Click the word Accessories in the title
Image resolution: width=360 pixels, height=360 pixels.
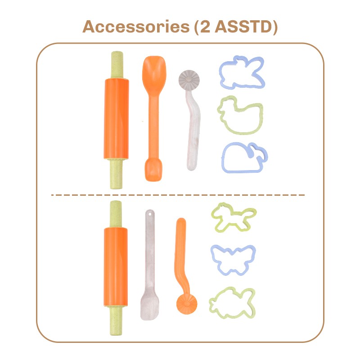tap(136, 27)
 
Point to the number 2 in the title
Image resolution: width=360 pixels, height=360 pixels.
tap(205, 27)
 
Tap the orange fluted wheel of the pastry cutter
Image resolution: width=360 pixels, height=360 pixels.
tap(187, 304)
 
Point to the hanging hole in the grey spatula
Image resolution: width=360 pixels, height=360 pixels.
tap(150, 214)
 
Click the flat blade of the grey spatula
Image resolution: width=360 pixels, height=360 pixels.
tap(149, 306)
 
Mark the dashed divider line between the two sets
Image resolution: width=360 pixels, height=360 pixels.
tap(178, 195)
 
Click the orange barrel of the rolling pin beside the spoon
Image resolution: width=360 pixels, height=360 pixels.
tap(116, 119)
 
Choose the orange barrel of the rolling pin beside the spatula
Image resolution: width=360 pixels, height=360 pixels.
tap(116, 267)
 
